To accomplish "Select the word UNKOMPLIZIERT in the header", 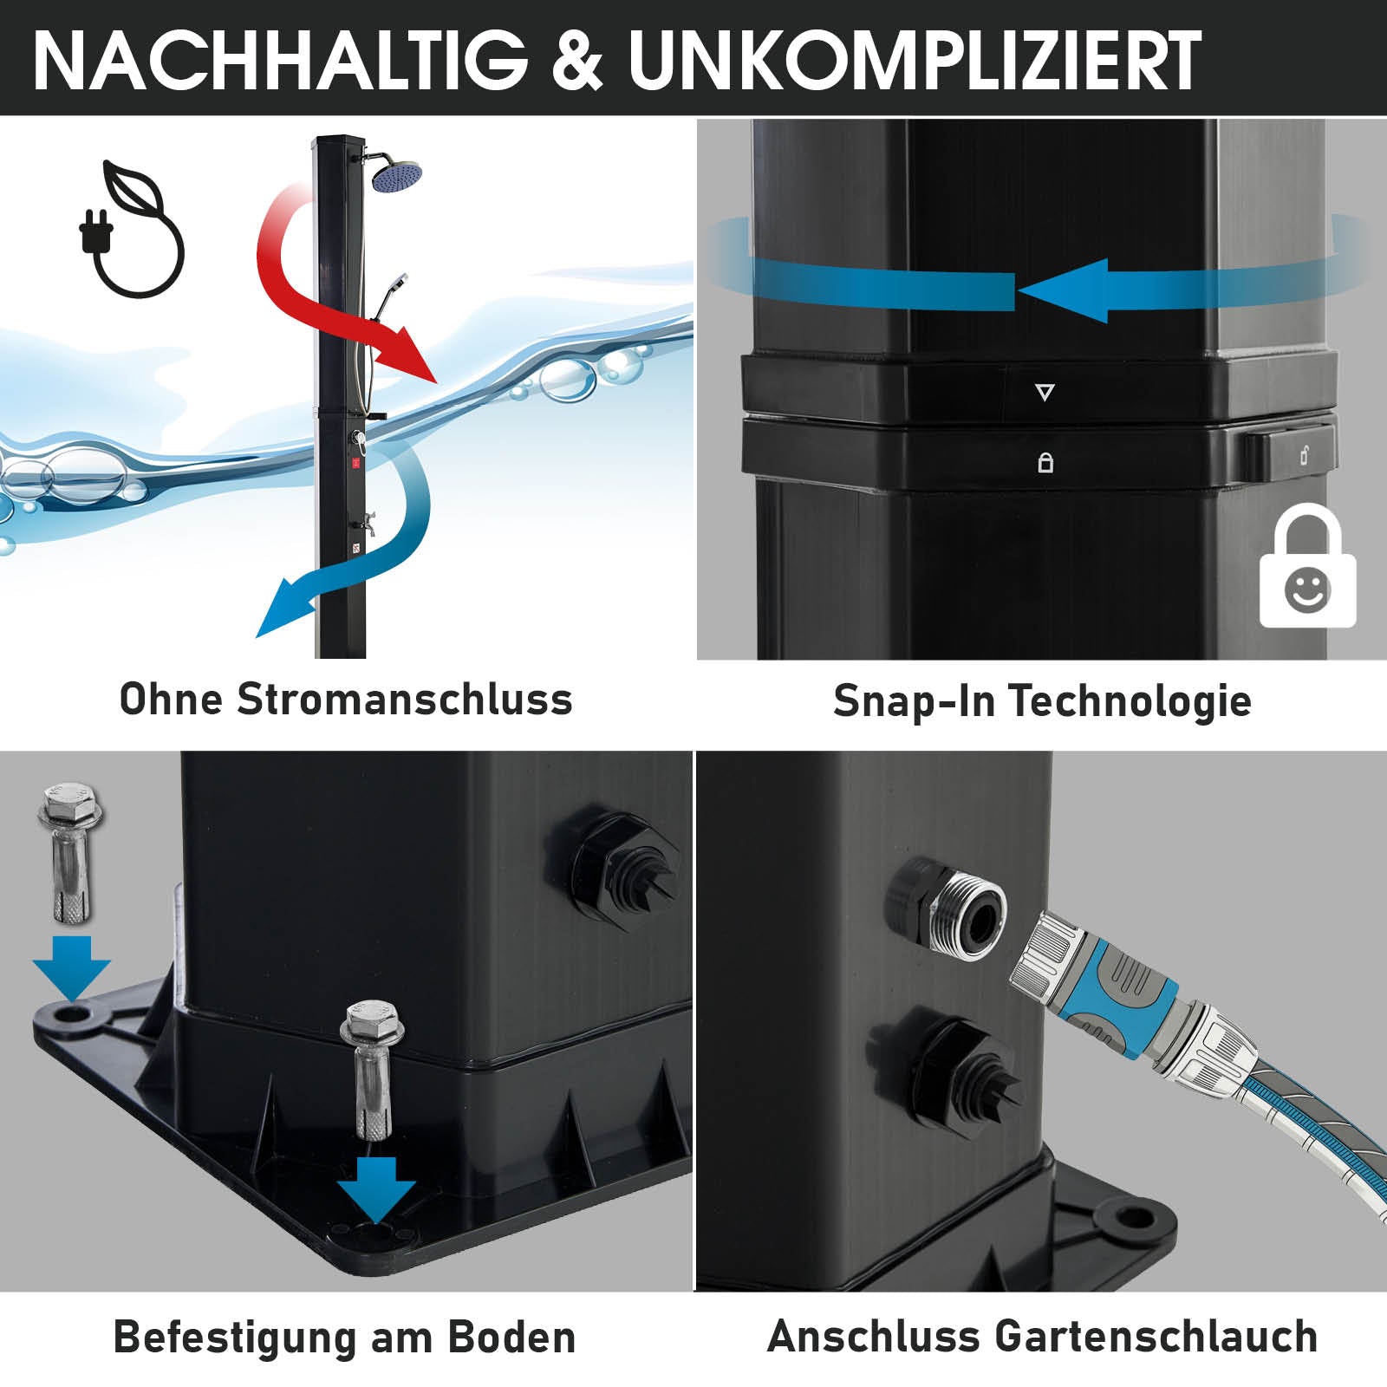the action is [915, 61].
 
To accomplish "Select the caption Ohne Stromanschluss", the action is [346, 699].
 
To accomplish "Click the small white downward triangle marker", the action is [1045, 393].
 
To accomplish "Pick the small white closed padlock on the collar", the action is [1045, 463].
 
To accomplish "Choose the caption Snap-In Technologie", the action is [1042, 700].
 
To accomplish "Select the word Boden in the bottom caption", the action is [511, 1337].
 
